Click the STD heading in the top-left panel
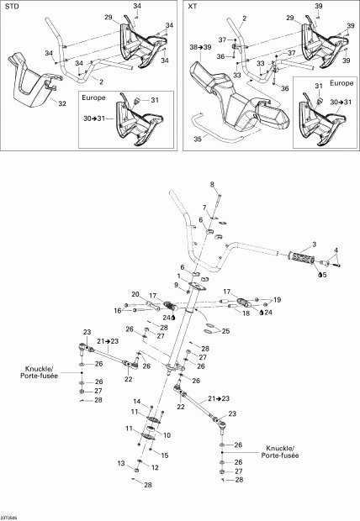coord(12,6)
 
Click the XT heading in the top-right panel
coord(193,6)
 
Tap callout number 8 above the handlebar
coord(213,184)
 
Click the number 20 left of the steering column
coord(135,294)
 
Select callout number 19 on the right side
coord(278,299)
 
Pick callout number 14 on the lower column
coord(135,403)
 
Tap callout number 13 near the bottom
coord(121,463)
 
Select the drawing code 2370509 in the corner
coord(12,517)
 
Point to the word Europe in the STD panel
coord(93,97)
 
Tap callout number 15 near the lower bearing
coord(165,455)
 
